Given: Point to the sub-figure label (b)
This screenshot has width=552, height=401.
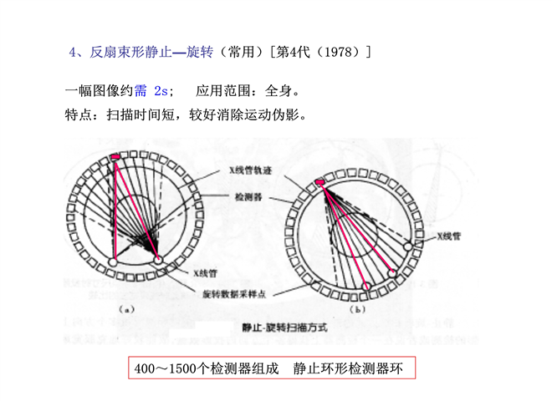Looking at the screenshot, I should [360, 309].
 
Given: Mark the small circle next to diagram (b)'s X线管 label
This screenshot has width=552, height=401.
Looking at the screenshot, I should [409, 246].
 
